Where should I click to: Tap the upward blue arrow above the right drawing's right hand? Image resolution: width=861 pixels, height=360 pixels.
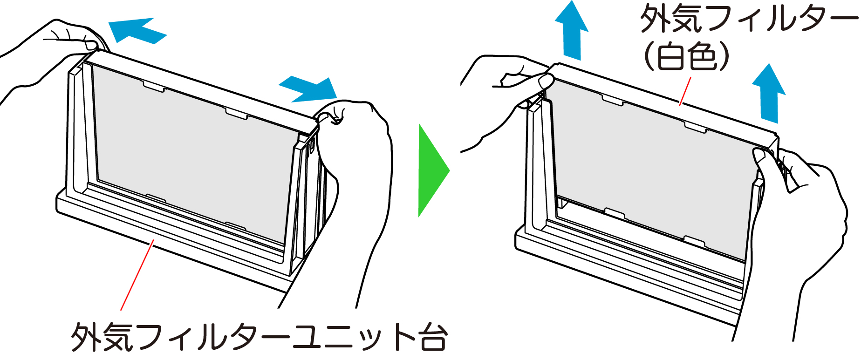pyautogui.click(x=769, y=93)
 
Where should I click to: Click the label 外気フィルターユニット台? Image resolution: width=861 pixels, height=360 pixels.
pyautogui.click(x=259, y=336)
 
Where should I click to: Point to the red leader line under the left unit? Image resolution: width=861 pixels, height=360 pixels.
pyautogui.click(x=137, y=275)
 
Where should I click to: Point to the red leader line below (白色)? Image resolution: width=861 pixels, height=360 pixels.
pyautogui.click(x=685, y=91)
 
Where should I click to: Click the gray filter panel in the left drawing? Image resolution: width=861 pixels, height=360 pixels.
pyautogui.click(x=191, y=154)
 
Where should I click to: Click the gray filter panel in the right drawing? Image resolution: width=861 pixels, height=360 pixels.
pyautogui.click(x=652, y=168)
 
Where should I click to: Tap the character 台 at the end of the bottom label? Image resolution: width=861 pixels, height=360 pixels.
pyautogui.click(x=434, y=336)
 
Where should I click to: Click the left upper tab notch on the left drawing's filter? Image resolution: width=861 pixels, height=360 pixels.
pyautogui.click(x=154, y=86)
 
